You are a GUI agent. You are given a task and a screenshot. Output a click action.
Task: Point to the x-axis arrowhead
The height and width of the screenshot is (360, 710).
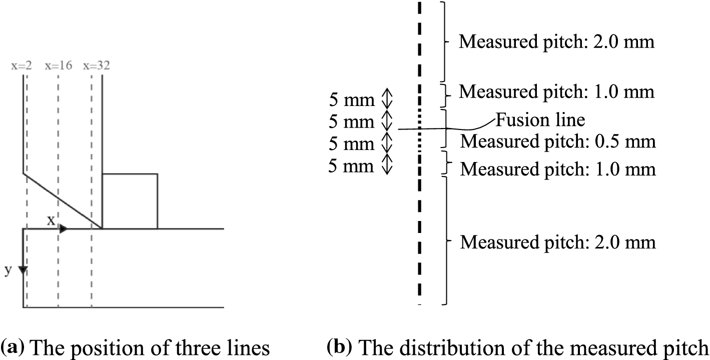(x=64, y=229)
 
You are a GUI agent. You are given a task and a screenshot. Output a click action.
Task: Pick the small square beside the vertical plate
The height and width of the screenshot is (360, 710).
(x=130, y=201)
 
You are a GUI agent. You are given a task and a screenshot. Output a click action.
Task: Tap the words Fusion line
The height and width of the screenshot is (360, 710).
(x=540, y=120)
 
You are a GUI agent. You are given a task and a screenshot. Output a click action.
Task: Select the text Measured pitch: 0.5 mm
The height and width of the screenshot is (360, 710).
(x=558, y=141)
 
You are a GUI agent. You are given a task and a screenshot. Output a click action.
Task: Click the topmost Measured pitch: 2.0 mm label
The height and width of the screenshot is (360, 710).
(x=557, y=41)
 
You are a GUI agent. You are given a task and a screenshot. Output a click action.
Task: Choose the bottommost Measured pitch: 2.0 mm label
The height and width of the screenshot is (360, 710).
(x=558, y=242)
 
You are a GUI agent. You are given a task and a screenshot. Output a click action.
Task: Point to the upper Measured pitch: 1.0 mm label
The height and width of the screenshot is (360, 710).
(x=557, y=92)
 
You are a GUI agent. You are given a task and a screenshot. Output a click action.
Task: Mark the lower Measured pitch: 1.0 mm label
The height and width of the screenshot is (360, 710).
(x=558, y=169)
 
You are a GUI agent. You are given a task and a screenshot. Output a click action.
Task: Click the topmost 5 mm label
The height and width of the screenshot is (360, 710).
(x=351, y=100)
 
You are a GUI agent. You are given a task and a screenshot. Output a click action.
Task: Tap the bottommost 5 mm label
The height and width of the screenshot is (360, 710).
(x=351, y=165)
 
